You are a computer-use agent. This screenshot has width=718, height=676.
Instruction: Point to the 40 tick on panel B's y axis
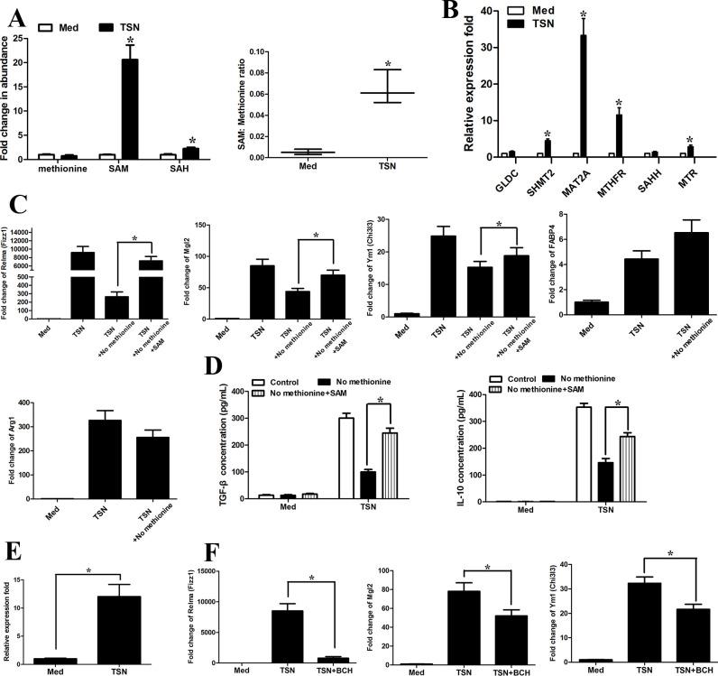(486, 11)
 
